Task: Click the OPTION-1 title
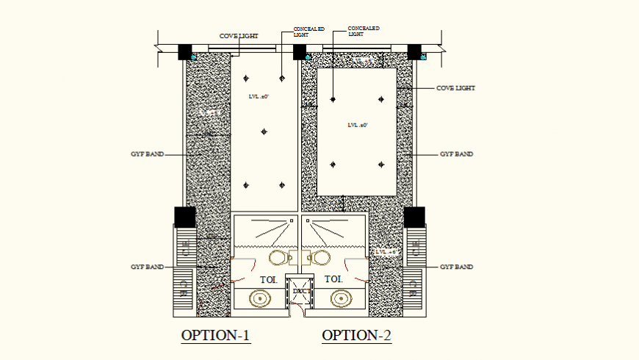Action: pyautogui.click(x=216, y=336)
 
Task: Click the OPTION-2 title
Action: pyautogui.click(x=357, y=336)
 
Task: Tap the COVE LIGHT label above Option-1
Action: pyautogui.click(x=239, y=35)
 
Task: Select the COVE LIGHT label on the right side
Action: pyautogui.click(x=455, y=88)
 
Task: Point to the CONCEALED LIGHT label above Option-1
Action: pyautogui.click(x=309, y=32)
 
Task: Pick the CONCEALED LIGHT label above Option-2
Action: pyautogui.click(x=364, y=31)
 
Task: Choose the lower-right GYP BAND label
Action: pyautogui.click(x=456, y=267)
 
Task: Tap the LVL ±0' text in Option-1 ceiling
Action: pyautogui.click(x=259, y=97)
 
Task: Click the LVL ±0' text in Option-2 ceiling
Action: pyautogui.click(x=358, y=125)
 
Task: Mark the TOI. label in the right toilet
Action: pyautogui.click(x=333, y=279)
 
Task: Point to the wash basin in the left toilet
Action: pyautogui.click(x=261, y=298)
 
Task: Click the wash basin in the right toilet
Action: pyautogui.click(x=339, y=298)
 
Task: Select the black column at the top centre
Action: pyautogui.click(x=300, y=52)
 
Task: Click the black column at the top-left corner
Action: pyautogui.click(x=185, y=51)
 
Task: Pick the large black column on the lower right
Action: pyautogui.click(x=414, y=217)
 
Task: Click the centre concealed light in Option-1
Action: pyautogui.click(x=264, y=132)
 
